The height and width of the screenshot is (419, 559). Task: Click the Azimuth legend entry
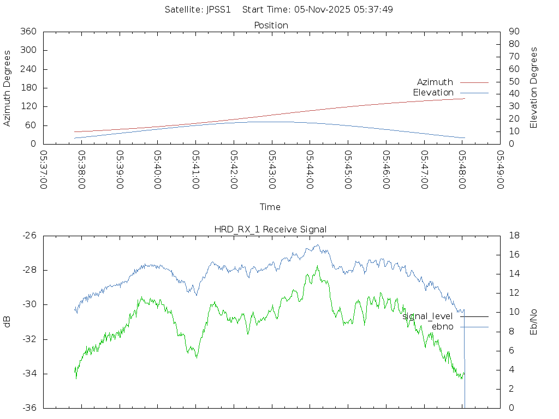[x=435, y=82]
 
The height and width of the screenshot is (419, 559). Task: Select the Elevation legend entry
[x=433, y=93]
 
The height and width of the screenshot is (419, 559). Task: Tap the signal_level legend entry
[x=427, y=316]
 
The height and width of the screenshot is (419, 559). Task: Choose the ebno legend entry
[x=442, y=327]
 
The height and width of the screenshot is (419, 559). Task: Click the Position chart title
[x=271, y=25]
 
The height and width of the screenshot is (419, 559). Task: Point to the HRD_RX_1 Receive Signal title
[x=270, y=229]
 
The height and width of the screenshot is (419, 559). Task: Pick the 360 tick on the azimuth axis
[x=28, y=32]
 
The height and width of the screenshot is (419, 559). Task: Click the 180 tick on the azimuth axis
[x=28, y=88]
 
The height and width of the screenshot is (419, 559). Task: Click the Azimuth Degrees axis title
[x=8, y=88]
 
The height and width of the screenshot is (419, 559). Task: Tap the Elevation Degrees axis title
[x=534, y=88]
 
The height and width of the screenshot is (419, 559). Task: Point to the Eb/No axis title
[x=534, y=322]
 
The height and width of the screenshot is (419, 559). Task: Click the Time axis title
[x=270, y=207]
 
